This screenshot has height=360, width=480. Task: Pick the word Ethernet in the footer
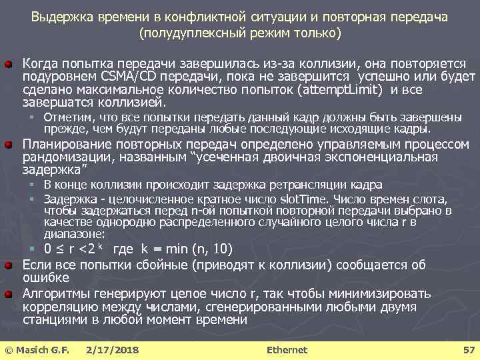tap(287, 349)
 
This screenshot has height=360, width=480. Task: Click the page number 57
tap(468, 349)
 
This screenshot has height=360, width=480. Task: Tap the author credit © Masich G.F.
tap(37, 349)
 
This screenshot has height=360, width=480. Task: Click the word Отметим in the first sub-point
tap(65, 118)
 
